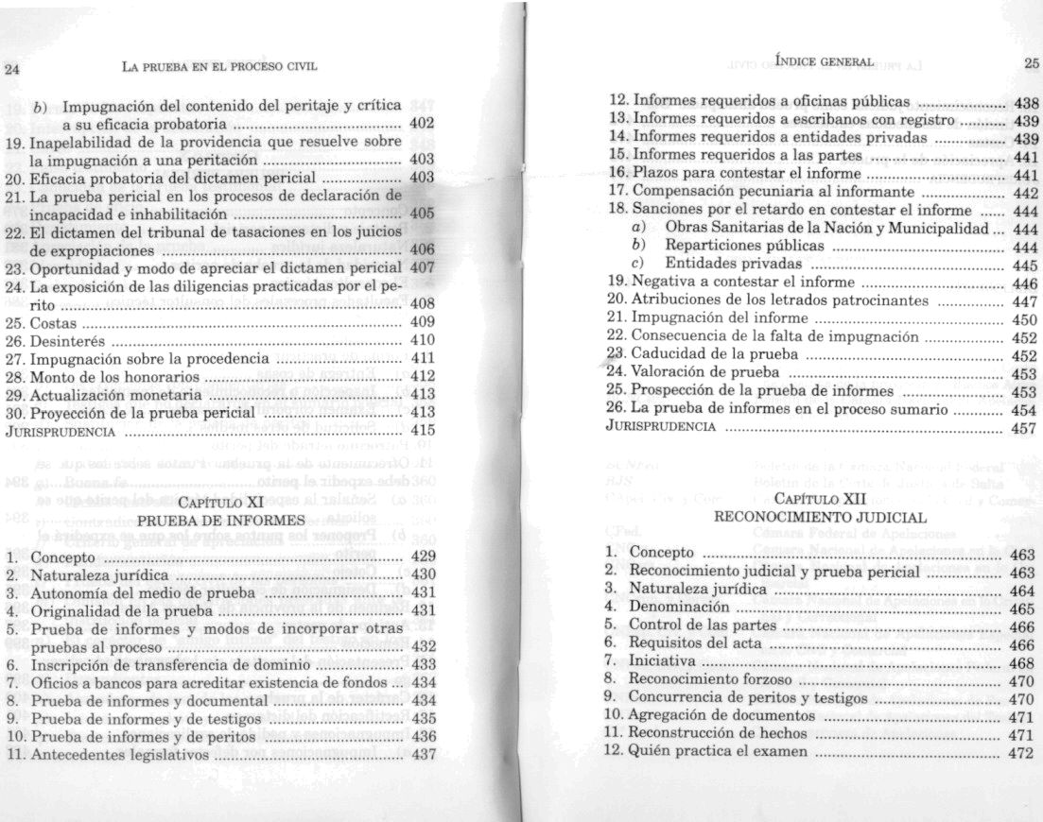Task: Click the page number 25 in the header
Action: click(1030, 62)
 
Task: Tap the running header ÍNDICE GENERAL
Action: click(823, 61)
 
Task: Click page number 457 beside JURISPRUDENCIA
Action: click(1024, 427)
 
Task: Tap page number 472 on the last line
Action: click(1022, 752)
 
